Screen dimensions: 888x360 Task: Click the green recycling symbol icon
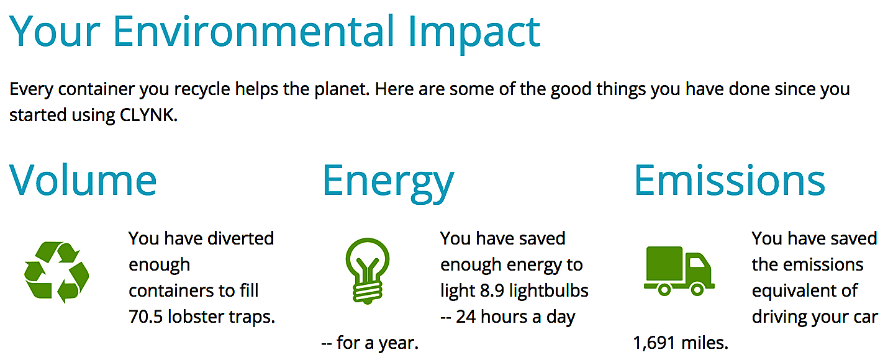57,272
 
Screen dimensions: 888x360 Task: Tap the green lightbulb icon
368,271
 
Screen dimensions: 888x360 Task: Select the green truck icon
679,271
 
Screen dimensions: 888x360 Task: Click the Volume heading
83,181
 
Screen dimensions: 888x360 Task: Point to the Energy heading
388,183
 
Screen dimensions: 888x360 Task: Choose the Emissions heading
730,181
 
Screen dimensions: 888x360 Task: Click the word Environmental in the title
253,31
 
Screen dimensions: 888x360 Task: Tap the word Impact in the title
474,34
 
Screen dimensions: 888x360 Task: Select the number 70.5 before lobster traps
145,317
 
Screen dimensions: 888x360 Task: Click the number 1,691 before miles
654,343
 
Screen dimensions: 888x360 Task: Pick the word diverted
241,238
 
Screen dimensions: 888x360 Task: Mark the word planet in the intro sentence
341,89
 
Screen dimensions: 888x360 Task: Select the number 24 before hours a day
466,317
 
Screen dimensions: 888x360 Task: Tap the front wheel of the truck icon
697,290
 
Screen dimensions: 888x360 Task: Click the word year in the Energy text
397,344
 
